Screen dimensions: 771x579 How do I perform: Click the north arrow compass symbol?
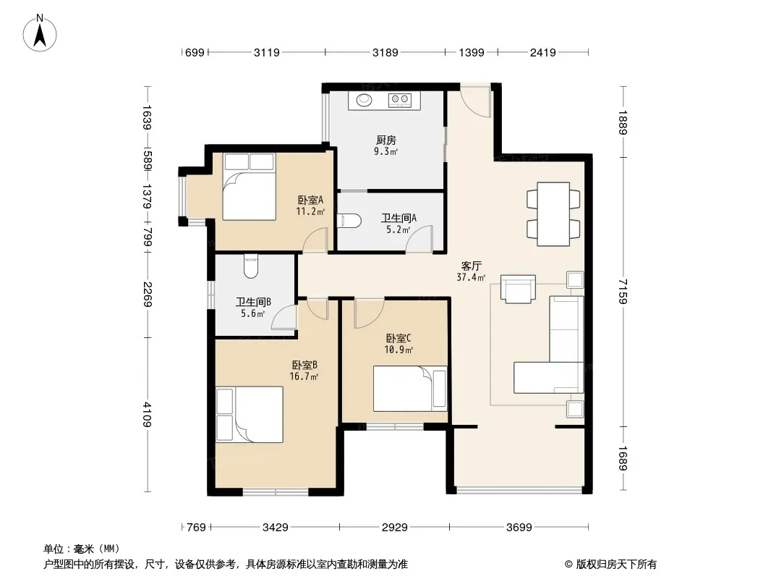coord(40,33)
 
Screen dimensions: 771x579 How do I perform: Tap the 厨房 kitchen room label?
coord(386,140)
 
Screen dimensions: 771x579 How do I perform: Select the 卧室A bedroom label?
coord(310,200)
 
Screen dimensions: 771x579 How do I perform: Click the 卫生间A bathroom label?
coord(399,218)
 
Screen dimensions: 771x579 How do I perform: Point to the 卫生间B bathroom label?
coord(253,302)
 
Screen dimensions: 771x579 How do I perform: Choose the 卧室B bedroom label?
coord(304,365)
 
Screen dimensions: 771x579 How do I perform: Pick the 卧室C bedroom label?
coord(399,339)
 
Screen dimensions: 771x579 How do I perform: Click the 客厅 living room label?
coord(471,266)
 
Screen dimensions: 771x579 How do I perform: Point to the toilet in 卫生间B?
coord(251,266)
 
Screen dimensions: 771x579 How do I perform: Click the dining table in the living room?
coord(553,214)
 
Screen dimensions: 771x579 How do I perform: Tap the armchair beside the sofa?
coord(519,288)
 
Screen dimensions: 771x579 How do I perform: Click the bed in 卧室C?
coord(410,389)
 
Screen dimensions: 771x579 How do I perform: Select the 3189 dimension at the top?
coord(385,52)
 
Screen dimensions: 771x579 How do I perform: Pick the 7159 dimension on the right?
coord(623,291)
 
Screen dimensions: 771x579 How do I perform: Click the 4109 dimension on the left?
coord(147,415)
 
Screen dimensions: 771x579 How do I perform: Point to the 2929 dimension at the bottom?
coord(394,528)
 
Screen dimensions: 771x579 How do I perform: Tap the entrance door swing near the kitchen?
coord(476,102)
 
